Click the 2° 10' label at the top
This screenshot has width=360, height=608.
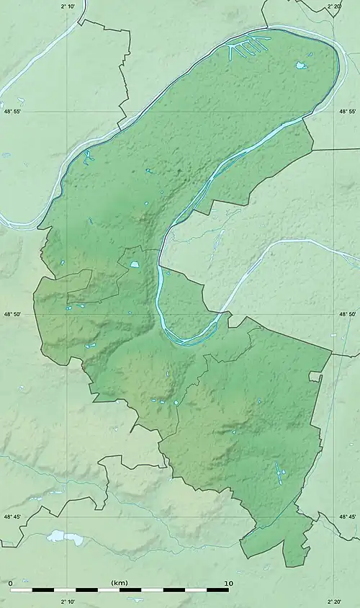pyautogui.click(x=68, y=6)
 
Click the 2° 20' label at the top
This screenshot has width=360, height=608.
pyautogui.click(x=334, y=6)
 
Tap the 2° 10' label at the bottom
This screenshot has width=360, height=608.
pyautogui.click(x=68, y=602)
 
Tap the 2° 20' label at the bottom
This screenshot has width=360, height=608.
pyautogui.click(x=334, y=602)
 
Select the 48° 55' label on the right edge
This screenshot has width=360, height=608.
pyautogui.click(x=348, y=112)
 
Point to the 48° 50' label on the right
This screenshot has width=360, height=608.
pyautogui.click(x=348, y=314)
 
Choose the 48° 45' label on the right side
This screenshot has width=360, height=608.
pyautogui.click(x=348, y=517)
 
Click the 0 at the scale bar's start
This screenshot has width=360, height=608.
pyautogui.click(x=11, y=582)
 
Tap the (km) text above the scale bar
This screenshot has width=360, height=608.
pyautogui.click(x=120, y=582)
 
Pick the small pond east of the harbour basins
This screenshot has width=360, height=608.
pyautogui.click(x=300, y=66)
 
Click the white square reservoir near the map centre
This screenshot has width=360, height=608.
pyautogui.click(x=135, y=266)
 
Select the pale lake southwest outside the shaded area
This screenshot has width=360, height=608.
pyautogui.click(x=55, y=536)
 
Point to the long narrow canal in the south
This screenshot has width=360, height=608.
pyautogui.click(x=278, y=473)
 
